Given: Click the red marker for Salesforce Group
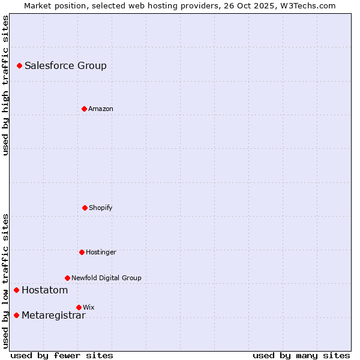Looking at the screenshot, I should pyautogui.click(x=19, y=65).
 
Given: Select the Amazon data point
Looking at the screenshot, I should pyautogui.click(x=84, y=109).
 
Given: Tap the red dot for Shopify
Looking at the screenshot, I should pyautogui.click(x=85, y=208).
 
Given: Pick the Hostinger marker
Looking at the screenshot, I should pyautogui.click(x=82, y=252).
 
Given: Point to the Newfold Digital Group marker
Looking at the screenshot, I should pyautogui.click(x=67, y=278).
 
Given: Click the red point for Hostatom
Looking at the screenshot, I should pyautogui.click(x=16, y=290).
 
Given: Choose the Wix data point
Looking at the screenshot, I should pyautogui.click(x=79, y=307).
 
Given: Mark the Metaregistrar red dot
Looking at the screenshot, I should pyautogui.click(x=16, y=316).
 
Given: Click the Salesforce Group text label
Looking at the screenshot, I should pyautogui.click(x=65, y=66).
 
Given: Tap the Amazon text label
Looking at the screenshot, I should pyautogui.click(x=100, y=109).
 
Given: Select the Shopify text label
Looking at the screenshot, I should pyautogui.click(x=100, y=208).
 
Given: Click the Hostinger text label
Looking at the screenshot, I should pyautogui.click(x=101, y=253).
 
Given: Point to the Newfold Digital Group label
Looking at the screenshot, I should pyautogui.click(x=106, y=278).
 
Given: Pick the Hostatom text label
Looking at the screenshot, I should pyautogui.click(x=44, y=290).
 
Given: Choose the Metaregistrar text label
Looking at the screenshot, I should pyautogui.click(x=53, y=316).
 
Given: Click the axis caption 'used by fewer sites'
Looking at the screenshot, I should pyautogui.click(x=62, y=355).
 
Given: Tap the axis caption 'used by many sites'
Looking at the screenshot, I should pyautogui.click(x=301, y=355).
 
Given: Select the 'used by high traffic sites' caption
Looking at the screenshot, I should pyautogui.click(x=5, y=85).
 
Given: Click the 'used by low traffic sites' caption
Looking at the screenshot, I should pyautogui.click(x=5, y=281).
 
